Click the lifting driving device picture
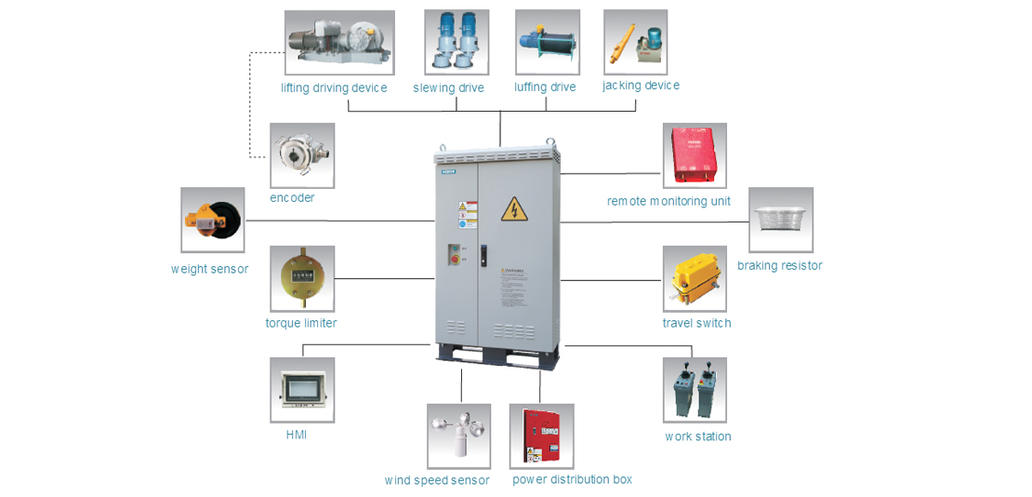(339, 43)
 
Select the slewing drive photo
(456, 42)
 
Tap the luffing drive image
(548, 42)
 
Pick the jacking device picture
(635, 42)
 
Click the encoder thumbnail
(302, 155)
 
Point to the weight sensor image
(213, 220)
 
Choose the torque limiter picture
(302, 278)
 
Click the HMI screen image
(302, 390)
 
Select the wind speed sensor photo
(458, 436)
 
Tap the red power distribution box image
(541, 436)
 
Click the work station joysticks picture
(695, 390)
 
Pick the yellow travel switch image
(695, 278)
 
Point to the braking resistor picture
(781, 220)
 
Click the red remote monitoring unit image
(695, 155)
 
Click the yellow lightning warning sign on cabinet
(512, 209)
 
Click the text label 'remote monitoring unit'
(668, 201)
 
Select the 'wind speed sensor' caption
(437, 480)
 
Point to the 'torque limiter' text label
(301, 323)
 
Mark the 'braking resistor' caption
(780, 265)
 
